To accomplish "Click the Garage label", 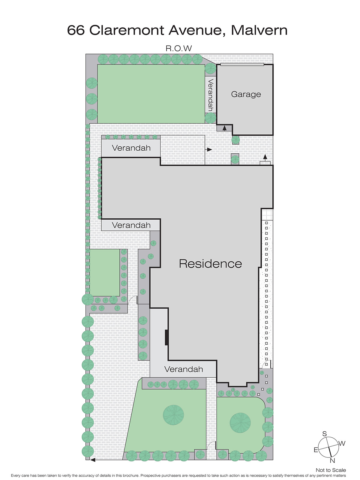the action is (246, 94).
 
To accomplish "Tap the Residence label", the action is (210, 264).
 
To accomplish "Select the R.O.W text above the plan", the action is (178, 48).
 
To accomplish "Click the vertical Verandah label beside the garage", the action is (211, 95).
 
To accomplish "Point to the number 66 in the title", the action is (76, 30).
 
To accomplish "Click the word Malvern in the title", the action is (259, 30).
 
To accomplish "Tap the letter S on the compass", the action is (324, 434).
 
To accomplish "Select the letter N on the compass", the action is (332, 461).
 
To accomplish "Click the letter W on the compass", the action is (342, 443).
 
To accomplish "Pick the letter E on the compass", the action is (316, 450).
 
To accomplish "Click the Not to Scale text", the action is (331, 470).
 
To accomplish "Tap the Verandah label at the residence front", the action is (184, 369).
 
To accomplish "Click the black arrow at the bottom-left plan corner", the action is (93, 460).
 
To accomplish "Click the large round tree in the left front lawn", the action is (173, 415).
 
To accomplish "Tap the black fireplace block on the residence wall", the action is (166, 337).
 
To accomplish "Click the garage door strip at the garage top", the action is (242, 64).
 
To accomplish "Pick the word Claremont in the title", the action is (127, 30).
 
